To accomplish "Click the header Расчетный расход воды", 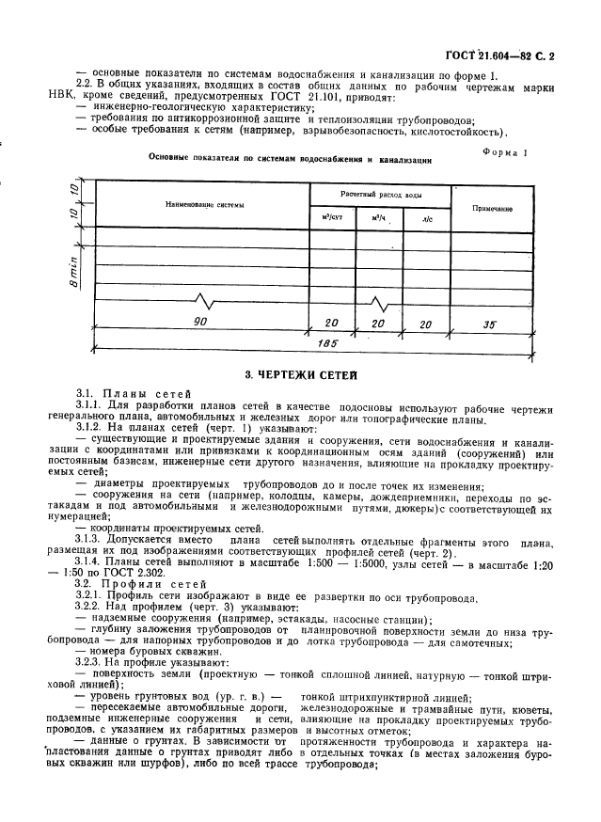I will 381,193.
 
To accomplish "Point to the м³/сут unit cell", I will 334,218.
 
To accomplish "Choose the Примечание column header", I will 492,206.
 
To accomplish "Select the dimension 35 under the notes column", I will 490,324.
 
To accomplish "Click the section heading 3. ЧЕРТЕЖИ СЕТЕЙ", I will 300,375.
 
